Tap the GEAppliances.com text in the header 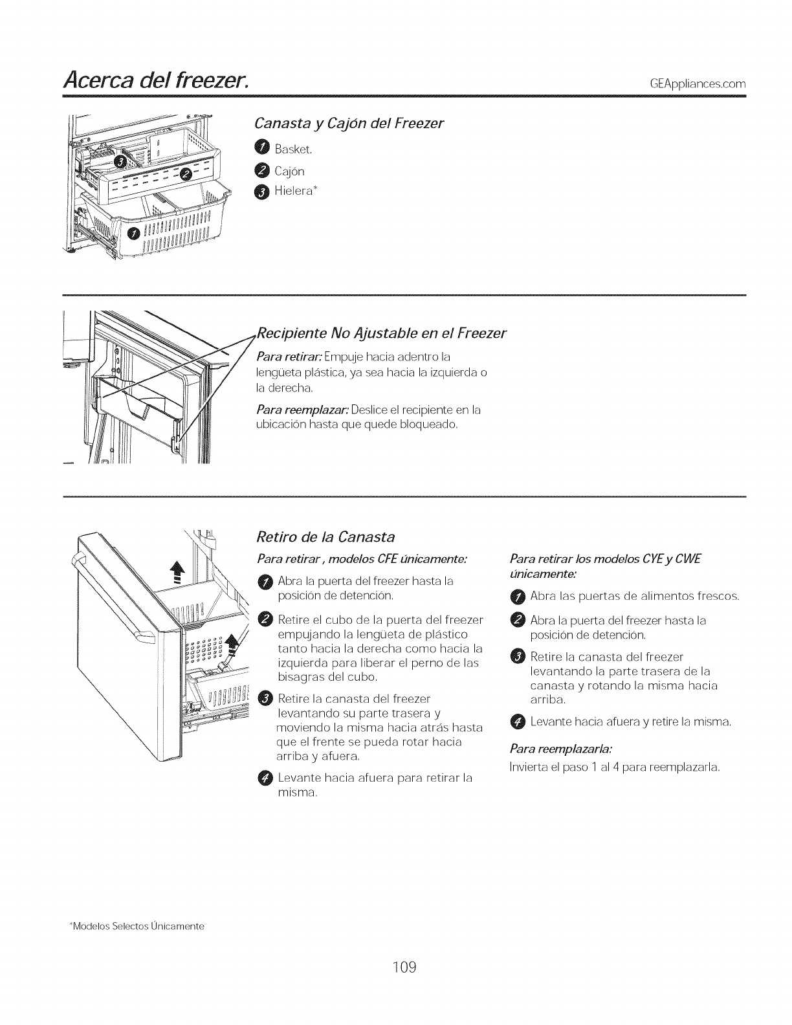click(x=692, y=85)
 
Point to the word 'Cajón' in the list click(x=289, y=171)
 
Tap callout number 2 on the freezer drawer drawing click(x=186, y=172)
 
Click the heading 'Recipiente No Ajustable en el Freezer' click(x=381, y=334)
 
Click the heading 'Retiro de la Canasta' click(x=326, y=536)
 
